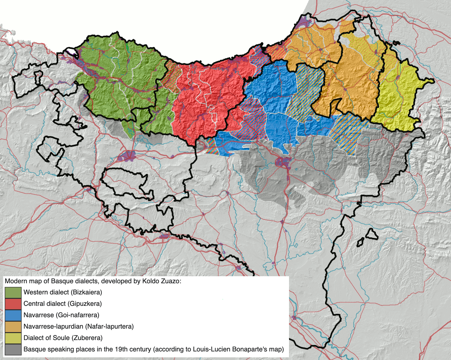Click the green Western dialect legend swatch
pos(13,292)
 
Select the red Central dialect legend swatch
pos(13,303)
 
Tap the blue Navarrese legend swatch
pos(13,315)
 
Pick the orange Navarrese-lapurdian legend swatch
pos(13,326)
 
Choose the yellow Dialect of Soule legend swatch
pos(13,337)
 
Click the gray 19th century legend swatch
pos(13,349)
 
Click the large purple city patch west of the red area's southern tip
pos(129,156)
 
